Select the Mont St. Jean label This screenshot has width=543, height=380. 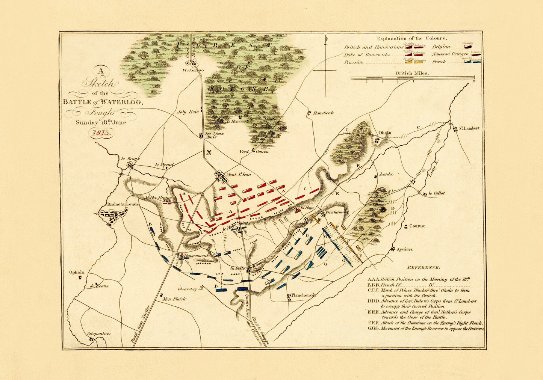(x=238, y=174)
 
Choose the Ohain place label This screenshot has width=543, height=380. (x=385, y=133)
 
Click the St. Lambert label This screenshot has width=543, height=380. (x=469, y=128)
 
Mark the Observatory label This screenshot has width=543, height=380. (x=188, y=289)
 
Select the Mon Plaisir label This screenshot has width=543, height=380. (x=174, y=299)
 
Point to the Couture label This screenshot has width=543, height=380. (x=417, y=226)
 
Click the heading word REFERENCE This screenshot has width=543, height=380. (x=423, y=268)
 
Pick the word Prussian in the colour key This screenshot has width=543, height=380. (x=354, y=62)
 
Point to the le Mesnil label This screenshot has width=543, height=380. (x=164, y=165)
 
